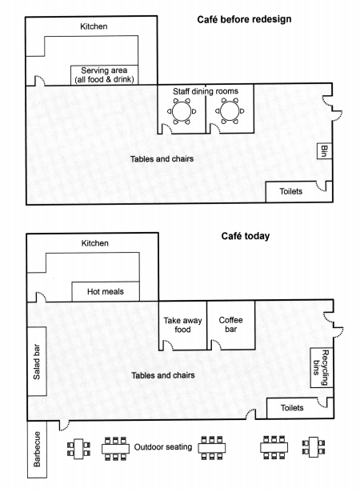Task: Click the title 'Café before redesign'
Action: point(244,19)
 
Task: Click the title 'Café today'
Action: point(245,236)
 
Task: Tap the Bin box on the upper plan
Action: point(324,151)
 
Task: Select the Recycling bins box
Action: point(322,367)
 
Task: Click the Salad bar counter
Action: point(37,361)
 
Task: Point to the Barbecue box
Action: point(37,449)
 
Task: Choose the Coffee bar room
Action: point(231,325)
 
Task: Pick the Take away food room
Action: point(182,326)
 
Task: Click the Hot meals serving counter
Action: point(106,291)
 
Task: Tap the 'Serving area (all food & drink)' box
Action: point(104,74)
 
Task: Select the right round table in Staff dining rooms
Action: point(230,111)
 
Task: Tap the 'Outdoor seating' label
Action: point(163,447)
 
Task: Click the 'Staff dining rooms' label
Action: point(206,91)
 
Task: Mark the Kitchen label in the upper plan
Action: point(94,26)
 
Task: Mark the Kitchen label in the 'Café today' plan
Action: point(94,243)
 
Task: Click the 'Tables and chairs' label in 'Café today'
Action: point(163,375)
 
